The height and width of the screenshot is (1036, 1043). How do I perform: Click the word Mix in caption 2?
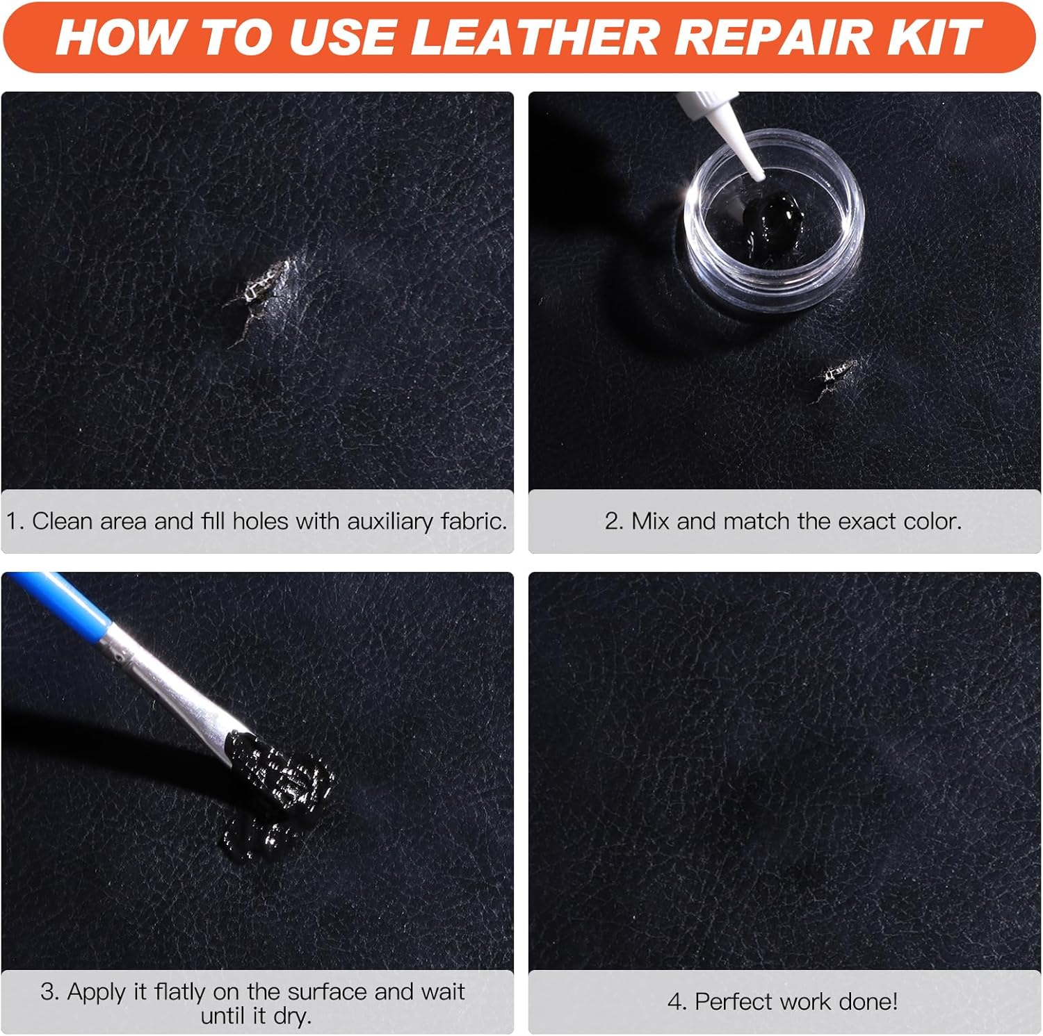tap(652, 521)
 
